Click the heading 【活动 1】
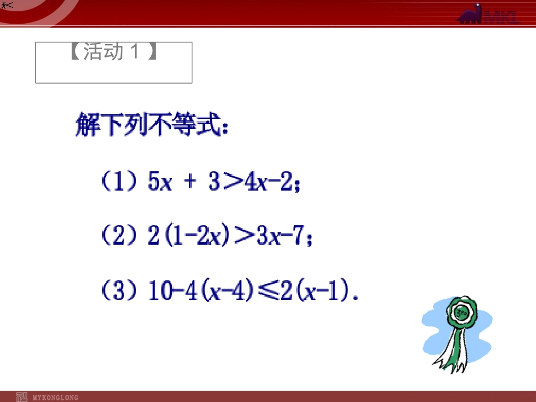tap(113, 52)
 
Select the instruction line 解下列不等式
tap(152, 126)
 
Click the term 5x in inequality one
tap(159, 183)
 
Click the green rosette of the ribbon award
tap(462, 313)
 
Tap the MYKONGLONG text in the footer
tap(55, 397)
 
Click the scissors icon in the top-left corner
tap(6, 5)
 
